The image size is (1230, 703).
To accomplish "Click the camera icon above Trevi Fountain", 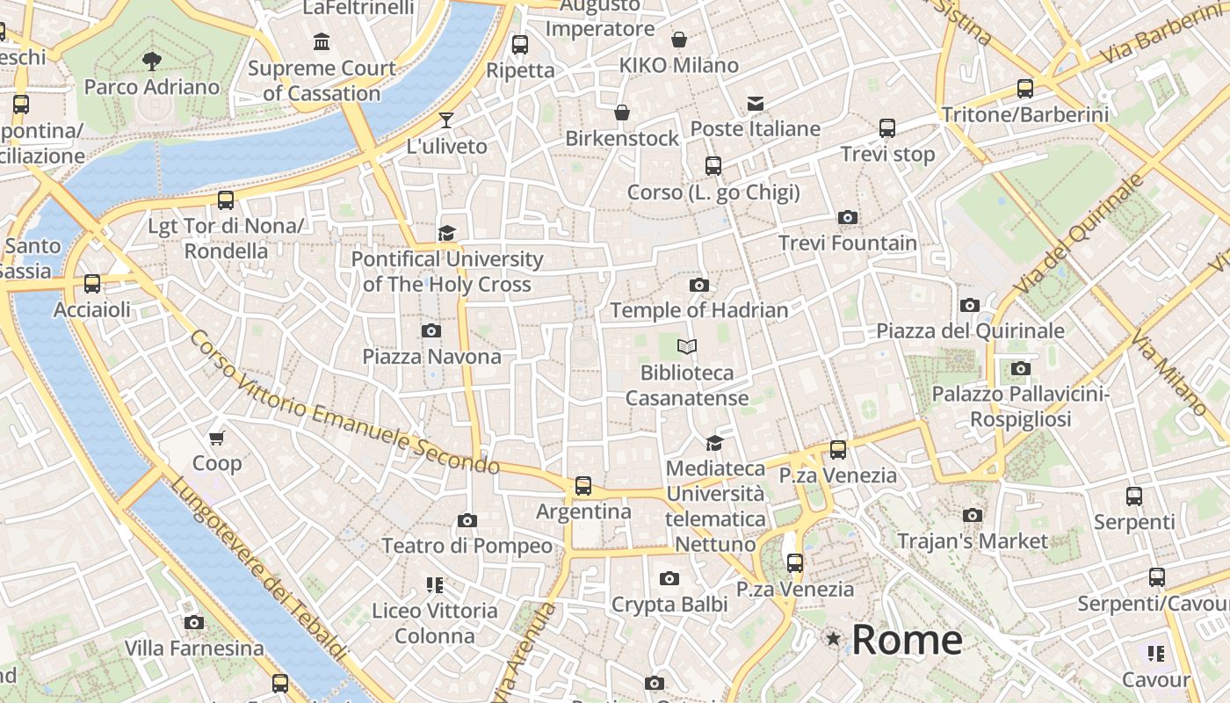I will [x=848, y=217].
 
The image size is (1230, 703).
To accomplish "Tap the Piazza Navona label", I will [x=431, y=356].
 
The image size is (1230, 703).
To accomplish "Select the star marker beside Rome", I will [x=833, y=639].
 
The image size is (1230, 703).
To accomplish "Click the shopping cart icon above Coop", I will [x=217, y=438].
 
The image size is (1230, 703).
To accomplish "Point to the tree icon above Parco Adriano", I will [x=152, y=61].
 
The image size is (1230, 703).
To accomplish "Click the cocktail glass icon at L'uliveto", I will [x=446, y=120].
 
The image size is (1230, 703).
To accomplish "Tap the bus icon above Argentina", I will [x=582, y=485].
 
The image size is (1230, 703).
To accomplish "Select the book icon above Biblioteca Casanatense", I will [x=687, y=347].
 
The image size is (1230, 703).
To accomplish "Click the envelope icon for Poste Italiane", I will [x=755, y=104].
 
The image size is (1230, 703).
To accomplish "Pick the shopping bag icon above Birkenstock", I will [x=622, y=112].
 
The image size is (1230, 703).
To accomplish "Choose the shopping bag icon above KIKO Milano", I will [x=678, y=40].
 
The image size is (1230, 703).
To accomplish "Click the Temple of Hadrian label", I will [x=698, y=310].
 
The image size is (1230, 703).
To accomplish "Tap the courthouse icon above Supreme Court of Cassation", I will [x=322, y=41].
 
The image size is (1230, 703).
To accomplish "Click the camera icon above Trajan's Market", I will [x=972, y=515].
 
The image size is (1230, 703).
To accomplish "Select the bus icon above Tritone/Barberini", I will [x=1024, y=88].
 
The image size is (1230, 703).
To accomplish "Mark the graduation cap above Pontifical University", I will [x=446, y=233].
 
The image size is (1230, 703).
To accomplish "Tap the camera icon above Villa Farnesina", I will [x=194, y=622].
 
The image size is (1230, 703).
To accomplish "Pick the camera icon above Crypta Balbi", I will [x=669, y=578].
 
